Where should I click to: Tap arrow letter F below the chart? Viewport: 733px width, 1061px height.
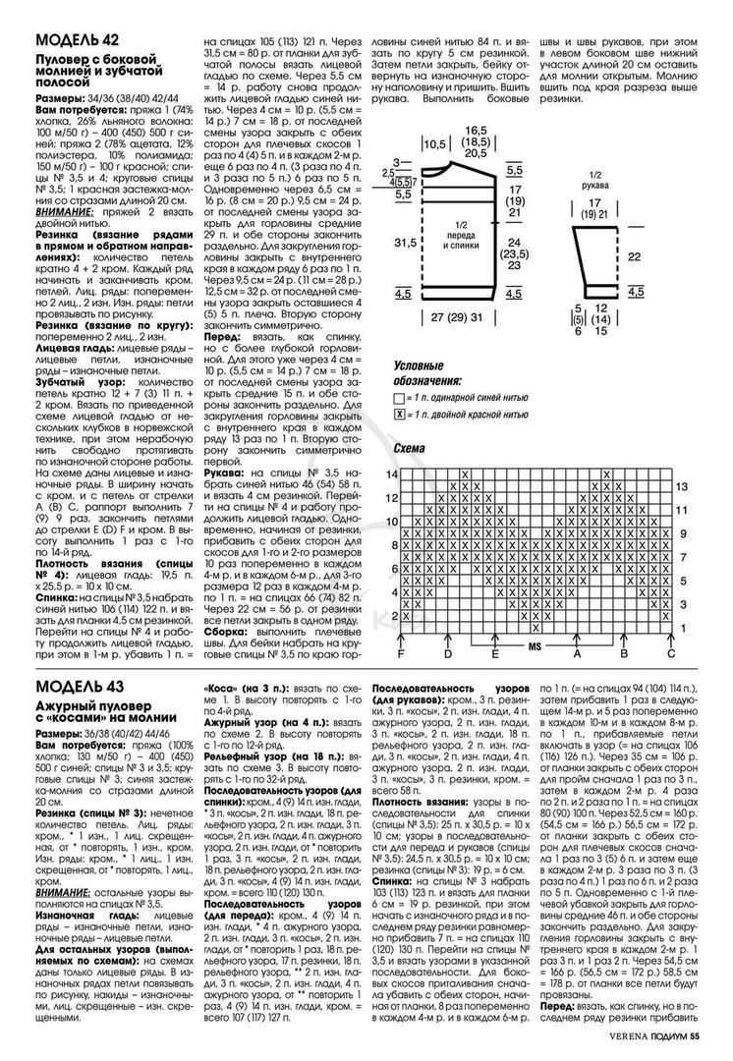[x=401, y=653]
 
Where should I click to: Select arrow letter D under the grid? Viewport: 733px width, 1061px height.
[x=448, y=653]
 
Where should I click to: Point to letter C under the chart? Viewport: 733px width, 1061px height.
[x=671, y=653]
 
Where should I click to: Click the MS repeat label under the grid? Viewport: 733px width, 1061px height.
[x=536, y=648]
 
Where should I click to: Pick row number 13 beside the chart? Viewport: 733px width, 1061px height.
[x=680, y=486]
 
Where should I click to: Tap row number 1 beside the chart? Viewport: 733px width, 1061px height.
[x=680, y=629]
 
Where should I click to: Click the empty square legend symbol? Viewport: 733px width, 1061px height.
[x=397, y=400]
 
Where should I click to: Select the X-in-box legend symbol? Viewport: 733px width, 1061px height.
[x=397, y=416]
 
